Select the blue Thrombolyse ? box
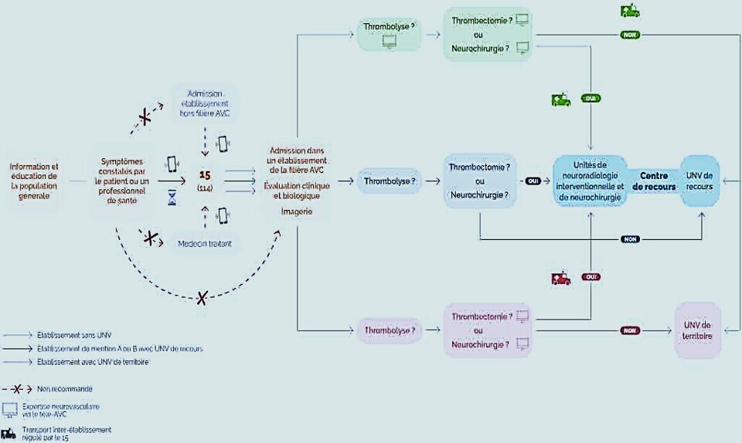[x=389, y=181]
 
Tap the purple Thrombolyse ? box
[x=390, y=331]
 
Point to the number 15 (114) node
[x=205, y=180]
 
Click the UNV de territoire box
[x=698, y=330]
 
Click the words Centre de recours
[x=653, y=181]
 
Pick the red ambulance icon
[x=560, y=279]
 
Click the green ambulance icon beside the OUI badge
[x=560, y=100]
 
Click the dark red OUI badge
[x=592, y=276]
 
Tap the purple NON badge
[x=631, y=330]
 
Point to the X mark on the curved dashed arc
[x=203, y=297]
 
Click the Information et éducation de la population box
[x=34, y=181]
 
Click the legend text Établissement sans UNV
[x=73, y=336]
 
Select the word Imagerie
[x=297, y=211]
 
